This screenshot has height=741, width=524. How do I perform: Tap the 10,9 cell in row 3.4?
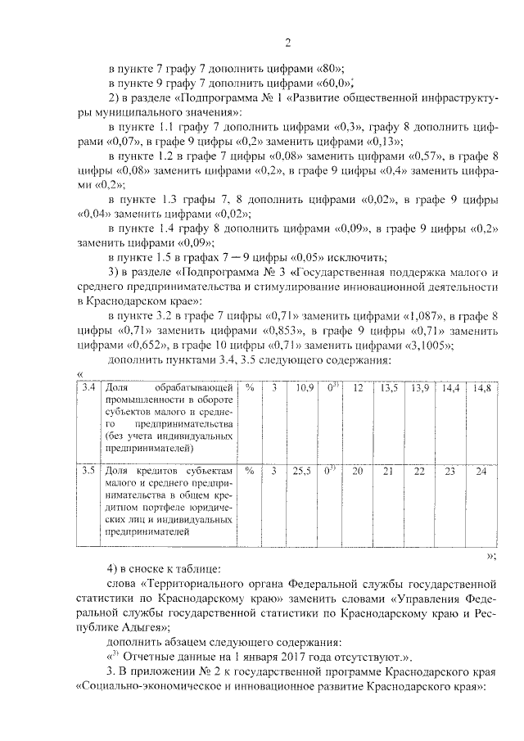point(304,386)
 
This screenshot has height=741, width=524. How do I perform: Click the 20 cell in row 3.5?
point(357,472)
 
